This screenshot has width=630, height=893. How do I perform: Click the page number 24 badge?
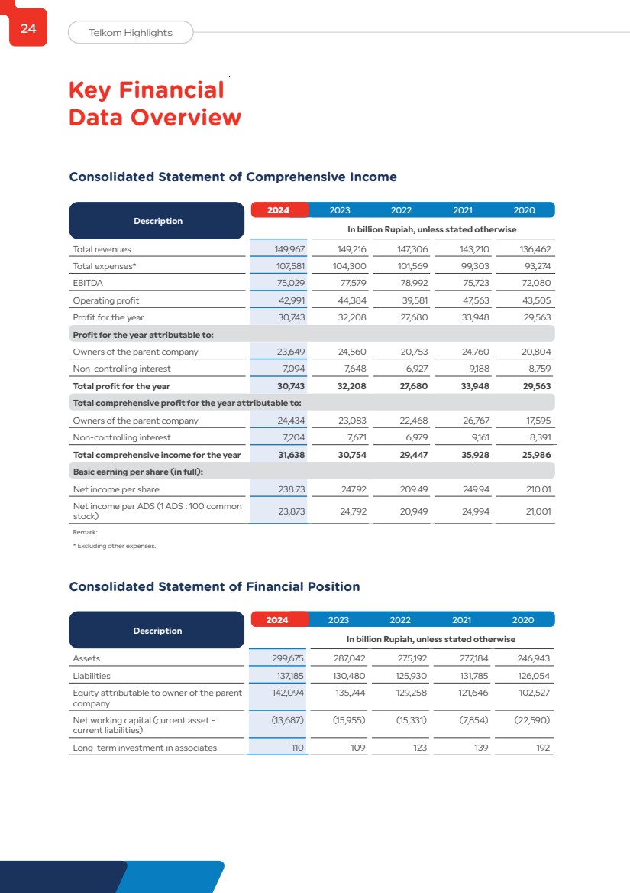pyautogui.click(x=28, y=29)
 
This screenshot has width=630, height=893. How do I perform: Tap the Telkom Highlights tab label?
pyautogui.click(x=131, y=32)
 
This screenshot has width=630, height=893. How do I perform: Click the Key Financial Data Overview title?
pyautogui.click(x=154, y=104)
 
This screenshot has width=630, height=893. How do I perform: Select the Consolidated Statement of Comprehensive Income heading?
pyautogui.click(x=233, y=177)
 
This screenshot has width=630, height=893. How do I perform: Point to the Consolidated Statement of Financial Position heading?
pyautogui.click(x=215, y=586)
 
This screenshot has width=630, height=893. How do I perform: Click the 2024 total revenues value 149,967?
pyautogui.click(x=289, y=249)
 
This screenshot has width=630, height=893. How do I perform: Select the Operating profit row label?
pyautogui.click(x=105, y=300)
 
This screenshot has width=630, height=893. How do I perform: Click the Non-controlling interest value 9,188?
pyautogui.click(x=477, y=369)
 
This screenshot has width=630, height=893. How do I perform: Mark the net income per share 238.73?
pyautogui.click(x=290, y=489)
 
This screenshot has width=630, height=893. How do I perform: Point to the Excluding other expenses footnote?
pyautogui.click(x=114, y=546)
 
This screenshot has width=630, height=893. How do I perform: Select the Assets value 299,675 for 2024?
pyautogui.click(x=289, y=658)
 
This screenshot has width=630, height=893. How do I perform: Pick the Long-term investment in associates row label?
pyautogui.click(x=144, y=748)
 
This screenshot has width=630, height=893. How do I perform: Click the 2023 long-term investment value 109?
pyautogui.click(x=357, y=748)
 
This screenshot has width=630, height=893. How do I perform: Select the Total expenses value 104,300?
pyautogui.click(x=351, y=266)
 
